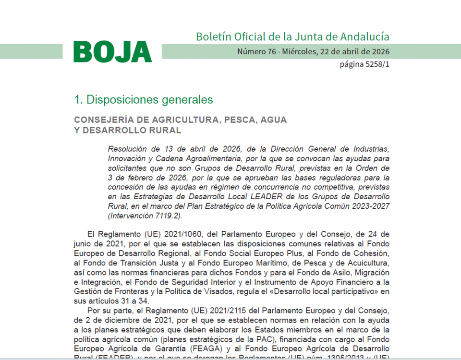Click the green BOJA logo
(x=112, y=52)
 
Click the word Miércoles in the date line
(x=299, y=52)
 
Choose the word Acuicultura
(x=367, y=263)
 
